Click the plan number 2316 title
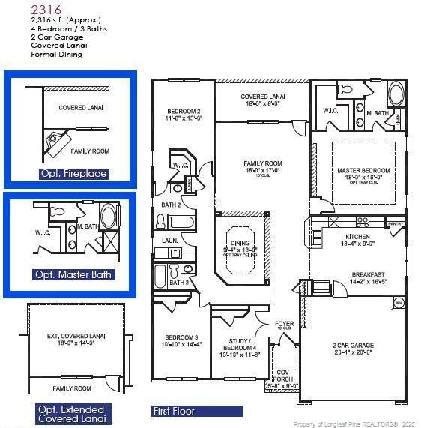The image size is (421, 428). point(46,9)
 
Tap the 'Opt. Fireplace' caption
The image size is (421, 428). point(73,173)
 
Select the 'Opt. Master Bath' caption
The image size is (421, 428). point(73,274)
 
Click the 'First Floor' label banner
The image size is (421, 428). point(175,411)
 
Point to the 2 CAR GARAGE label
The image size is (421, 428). point(354,346)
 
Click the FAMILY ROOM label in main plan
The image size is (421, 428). point(262,163)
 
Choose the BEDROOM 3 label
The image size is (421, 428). point(181,337)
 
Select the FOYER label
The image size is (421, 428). point(284,324)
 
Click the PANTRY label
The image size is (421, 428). point(396,223)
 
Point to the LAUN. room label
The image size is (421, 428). point(169,241)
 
